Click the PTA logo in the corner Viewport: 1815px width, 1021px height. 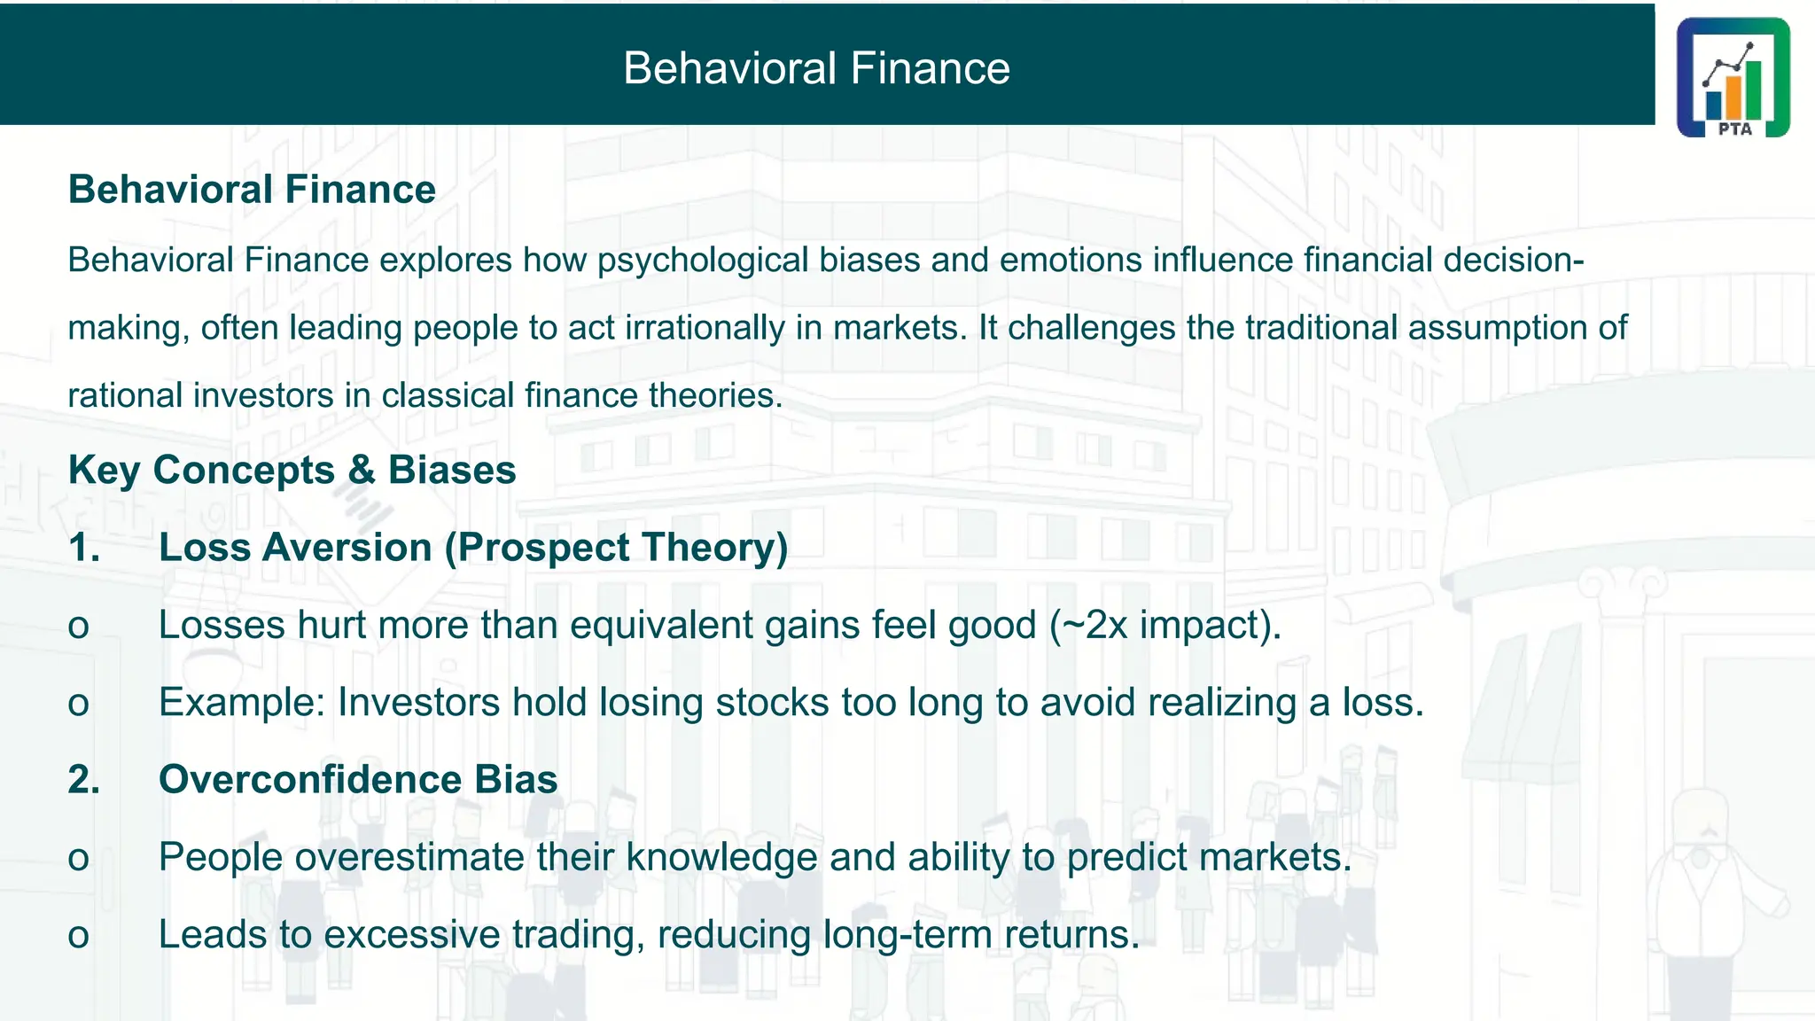coord(1733,77)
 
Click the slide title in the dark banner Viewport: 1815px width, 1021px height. coord(816,68)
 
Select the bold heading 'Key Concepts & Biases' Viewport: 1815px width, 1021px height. coord(292,470)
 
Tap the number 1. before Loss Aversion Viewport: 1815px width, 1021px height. coord(84,548)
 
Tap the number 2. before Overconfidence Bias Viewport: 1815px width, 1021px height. coord(84,780)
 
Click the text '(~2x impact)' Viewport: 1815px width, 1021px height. coord(1165,626)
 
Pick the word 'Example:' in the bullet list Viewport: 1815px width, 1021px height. coord(242,703)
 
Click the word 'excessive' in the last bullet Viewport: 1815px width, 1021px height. coord(412,935)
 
